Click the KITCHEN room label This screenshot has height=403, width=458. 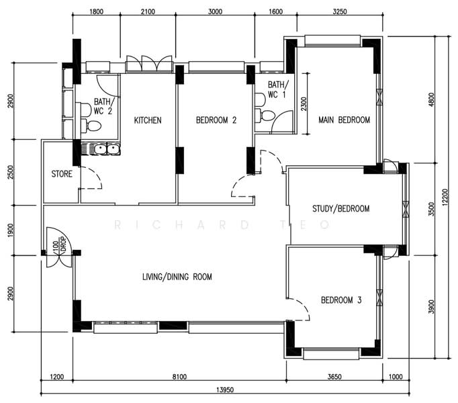(x=148, y=120)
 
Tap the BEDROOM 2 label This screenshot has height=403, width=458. (x=216, y=120)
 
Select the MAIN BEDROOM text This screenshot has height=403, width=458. (x=344, y=120)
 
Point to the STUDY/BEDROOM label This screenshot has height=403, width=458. (x=341, y=209)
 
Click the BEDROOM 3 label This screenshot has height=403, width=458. (x=341, y=300)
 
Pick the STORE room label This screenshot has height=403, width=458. (x=62, y=174)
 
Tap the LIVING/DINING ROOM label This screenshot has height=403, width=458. (x=177, y=277)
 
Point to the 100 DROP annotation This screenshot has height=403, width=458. (x=60, y=244)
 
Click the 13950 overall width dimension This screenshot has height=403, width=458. (x=225, y=390)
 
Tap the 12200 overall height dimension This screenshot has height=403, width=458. (x=445, y=197)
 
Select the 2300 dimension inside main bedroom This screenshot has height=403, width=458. (x=304, y=103)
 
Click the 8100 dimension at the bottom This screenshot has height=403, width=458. (x=179, y=377)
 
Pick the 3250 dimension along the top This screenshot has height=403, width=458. (x=340, y=11)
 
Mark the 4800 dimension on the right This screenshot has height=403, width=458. (x=431, y=99)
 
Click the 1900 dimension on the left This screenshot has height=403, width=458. (x=10, y=230)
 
